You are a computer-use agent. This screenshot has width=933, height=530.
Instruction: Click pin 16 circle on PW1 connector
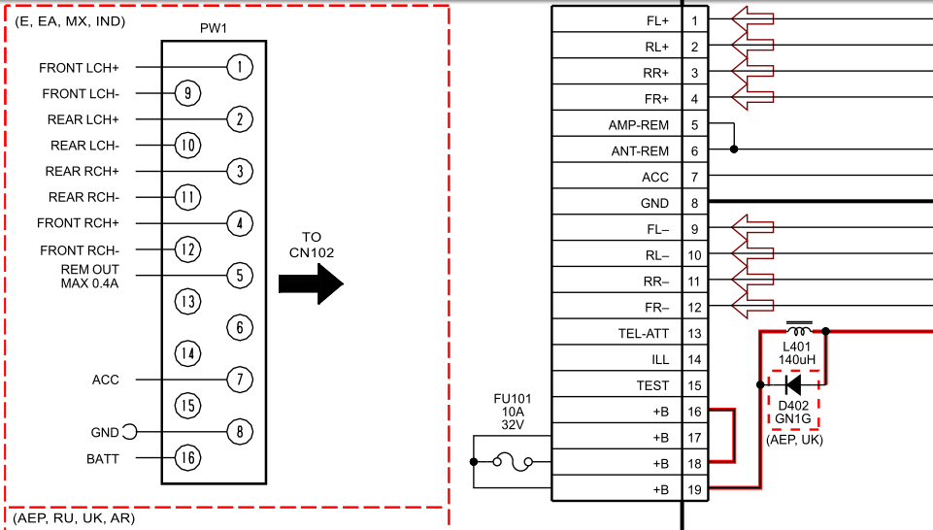pyautogui.click(x=187, y=458)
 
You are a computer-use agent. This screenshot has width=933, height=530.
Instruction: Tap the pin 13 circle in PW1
pyautogui.click(x=187, y=302)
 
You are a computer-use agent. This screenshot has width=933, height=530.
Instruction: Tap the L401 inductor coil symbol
pyautogui.click(x=799, y=324)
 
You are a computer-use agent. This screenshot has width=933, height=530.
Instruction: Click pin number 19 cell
pyautogui.click(x=694, y=490)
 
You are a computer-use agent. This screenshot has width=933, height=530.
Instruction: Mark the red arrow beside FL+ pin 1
pyautogui.click(x=752, y=19)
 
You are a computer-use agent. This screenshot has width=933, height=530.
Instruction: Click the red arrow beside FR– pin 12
pyautogui.click(x=752, y=308)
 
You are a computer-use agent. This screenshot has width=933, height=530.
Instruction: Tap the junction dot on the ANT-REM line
pyautogui.click(x=734, y=149)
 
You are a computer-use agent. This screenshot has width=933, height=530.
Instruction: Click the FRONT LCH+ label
pyautogui.click(x=79, y=68)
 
